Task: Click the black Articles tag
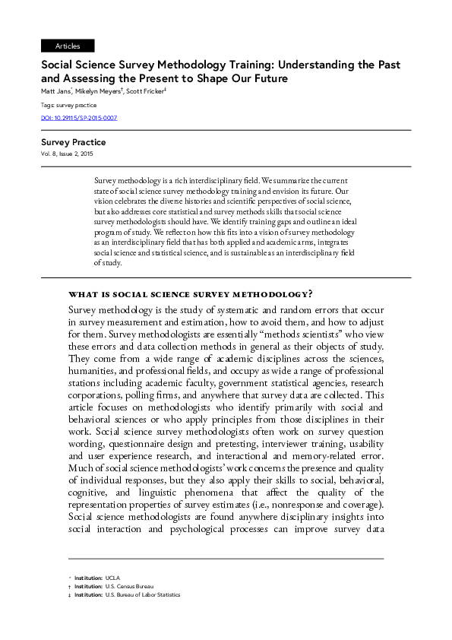point(68,46)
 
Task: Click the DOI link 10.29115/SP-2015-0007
point(79,118)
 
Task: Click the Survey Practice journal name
point(73,142)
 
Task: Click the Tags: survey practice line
point(68,105)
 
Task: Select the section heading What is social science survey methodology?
point(190,293)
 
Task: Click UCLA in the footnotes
point(112,578)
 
